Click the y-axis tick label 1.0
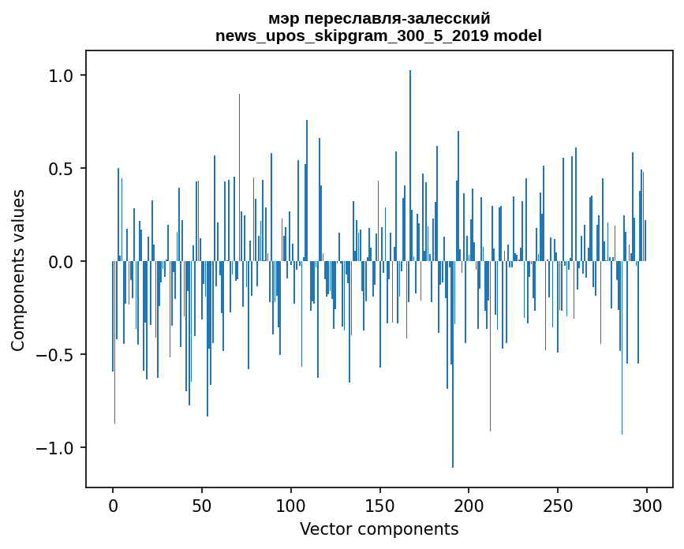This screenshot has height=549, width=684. [61, 76]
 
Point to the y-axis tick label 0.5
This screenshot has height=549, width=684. [61, 169]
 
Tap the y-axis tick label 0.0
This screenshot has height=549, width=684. [61, 262]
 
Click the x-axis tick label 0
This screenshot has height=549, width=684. [113, 506]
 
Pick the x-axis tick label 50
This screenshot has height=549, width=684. [202, 506]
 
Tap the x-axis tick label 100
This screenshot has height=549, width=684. [291, 506]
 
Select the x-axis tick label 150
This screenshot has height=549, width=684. [380, 506]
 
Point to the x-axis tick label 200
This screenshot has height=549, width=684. [469, 506]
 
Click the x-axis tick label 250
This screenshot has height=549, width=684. [558, 506]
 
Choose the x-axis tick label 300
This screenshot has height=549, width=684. [647, 506]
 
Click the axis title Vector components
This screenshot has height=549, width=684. [379, 528]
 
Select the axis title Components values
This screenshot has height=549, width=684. [19, 270]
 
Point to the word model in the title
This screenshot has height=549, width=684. [518, 35]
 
